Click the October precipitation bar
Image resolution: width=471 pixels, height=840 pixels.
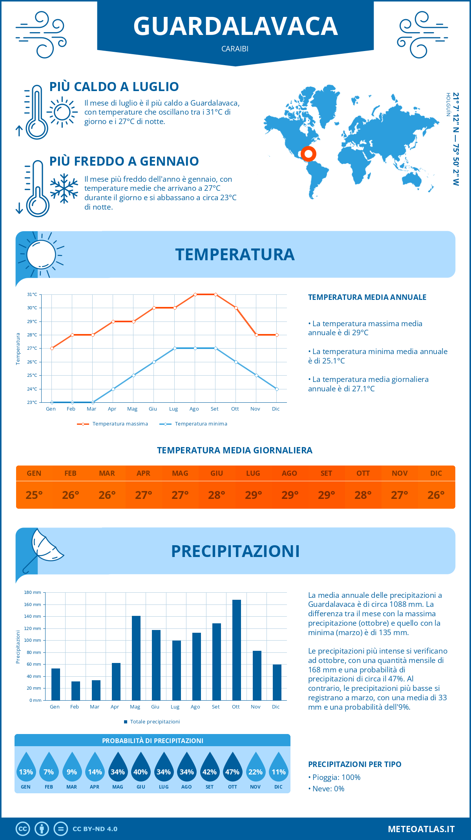[236, 650]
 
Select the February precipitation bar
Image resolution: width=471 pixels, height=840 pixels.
[75, 691]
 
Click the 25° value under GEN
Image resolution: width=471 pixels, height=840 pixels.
[34, 495]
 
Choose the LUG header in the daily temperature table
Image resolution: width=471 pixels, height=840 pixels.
[253, 473]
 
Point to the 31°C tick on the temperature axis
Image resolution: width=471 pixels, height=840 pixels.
[32, 294]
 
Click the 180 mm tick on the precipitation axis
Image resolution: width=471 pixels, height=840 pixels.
[33, 592]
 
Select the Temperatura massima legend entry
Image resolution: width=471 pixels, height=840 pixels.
[113, 424]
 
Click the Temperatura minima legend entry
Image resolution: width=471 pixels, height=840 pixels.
[194, 424]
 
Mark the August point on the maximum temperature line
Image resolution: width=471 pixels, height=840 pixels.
[195, 294]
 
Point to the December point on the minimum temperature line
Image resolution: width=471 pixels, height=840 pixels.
[277, 389]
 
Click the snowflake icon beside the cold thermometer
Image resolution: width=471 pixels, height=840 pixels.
[64, 188]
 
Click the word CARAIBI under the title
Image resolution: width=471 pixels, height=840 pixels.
[235, 49]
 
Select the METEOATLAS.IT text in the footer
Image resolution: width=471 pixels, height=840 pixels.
[421, 829]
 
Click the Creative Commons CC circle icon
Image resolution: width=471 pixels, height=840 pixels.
[23, 829]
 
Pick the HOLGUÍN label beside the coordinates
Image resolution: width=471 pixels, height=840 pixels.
[448, 104]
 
